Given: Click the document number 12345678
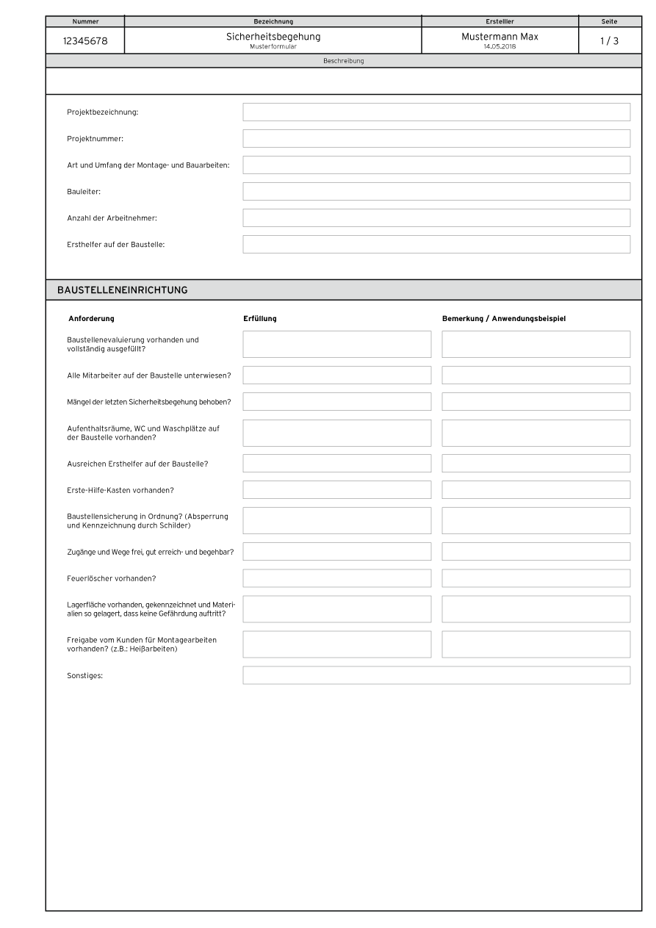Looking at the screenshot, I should [x=85, y=41].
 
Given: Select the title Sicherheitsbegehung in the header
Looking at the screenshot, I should [x=273, y=37].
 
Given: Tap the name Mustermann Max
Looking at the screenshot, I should [x=500, y=37].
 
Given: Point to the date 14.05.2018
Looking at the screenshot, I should [x=500, y=46].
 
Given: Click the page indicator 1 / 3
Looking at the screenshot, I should [x=610, y=41].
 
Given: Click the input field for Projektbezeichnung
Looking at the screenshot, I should [x=436, y=112].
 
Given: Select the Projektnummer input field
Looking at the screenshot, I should [x=436, y=138].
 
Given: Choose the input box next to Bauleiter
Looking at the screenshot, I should [x=436, y=191].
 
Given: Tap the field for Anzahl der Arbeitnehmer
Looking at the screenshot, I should [x=436, y=217].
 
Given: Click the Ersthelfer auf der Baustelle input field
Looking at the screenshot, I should [x=436, y=244].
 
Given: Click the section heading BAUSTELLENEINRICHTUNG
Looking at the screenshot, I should [x=123, y=290].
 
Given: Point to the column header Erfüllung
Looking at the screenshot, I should [x=259, y=318].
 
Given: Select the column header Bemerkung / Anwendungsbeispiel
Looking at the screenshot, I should [x=504, y=318].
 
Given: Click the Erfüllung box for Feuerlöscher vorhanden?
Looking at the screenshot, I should [x=337, y=578].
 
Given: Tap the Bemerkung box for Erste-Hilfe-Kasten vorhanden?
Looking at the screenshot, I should [x=536, y=489].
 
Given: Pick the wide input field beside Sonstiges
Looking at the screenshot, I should [x=436, y=675].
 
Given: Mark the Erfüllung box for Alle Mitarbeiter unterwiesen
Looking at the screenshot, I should [x=337, y=375].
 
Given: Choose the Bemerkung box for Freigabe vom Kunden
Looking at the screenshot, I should [x=536, y=644].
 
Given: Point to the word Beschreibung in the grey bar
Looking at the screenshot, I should [x=343, y=61].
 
